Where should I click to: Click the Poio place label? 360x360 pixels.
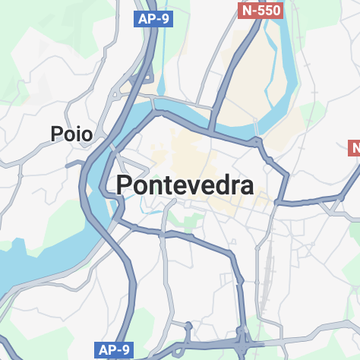point(71,134)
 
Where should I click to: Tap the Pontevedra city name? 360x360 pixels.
point(185,185)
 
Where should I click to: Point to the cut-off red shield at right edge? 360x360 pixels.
point(354,147)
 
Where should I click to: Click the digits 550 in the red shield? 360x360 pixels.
point(269,10)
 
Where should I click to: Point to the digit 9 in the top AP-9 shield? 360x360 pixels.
point(163,19)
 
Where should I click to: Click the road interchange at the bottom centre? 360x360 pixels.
point(243,338)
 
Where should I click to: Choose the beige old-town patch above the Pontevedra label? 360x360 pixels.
point(182,148)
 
